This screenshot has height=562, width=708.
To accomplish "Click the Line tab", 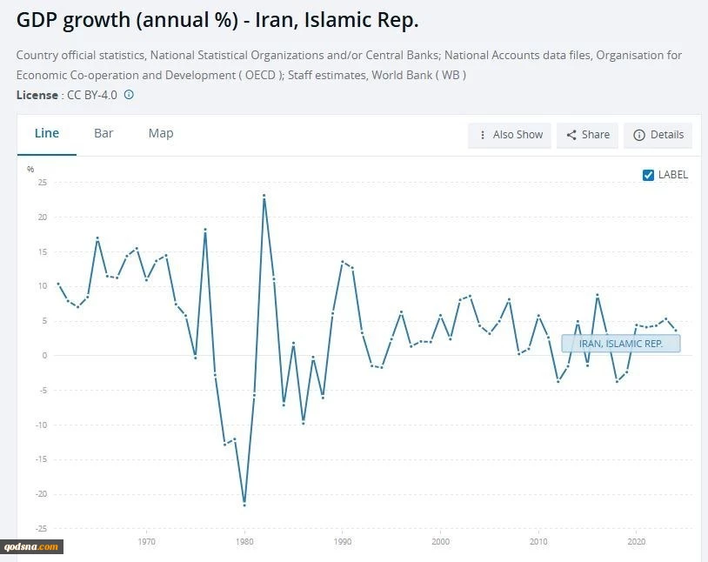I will tap(47, 133).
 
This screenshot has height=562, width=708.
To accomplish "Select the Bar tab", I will tap(104, 133).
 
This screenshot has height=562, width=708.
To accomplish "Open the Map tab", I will tap(161, 133).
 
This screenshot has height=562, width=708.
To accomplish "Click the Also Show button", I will tap(510, 135).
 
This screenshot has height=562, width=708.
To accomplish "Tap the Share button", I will tap(588, 135).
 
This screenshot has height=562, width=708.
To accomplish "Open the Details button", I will tap(658, 135).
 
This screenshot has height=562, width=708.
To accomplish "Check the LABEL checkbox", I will tap(648, 175).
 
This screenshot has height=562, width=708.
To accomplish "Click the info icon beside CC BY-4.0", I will tap(129, 94).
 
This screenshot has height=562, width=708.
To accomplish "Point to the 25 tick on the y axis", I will tap(42, 183).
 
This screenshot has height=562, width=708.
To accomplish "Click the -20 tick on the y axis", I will tap(40, 494).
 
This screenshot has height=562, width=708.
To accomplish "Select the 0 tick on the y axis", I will tap(43, 356).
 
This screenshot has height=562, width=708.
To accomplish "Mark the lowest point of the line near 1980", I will tap(244, 505).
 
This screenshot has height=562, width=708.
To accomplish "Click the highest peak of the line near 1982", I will tap(264, 196).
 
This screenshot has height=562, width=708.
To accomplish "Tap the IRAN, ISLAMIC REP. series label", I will tap(621, 344).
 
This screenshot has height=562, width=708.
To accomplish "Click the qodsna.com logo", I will tap(32, 546).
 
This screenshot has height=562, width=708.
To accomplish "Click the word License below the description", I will tap(37, 94).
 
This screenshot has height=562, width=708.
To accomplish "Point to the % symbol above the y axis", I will tap(30, 169).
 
